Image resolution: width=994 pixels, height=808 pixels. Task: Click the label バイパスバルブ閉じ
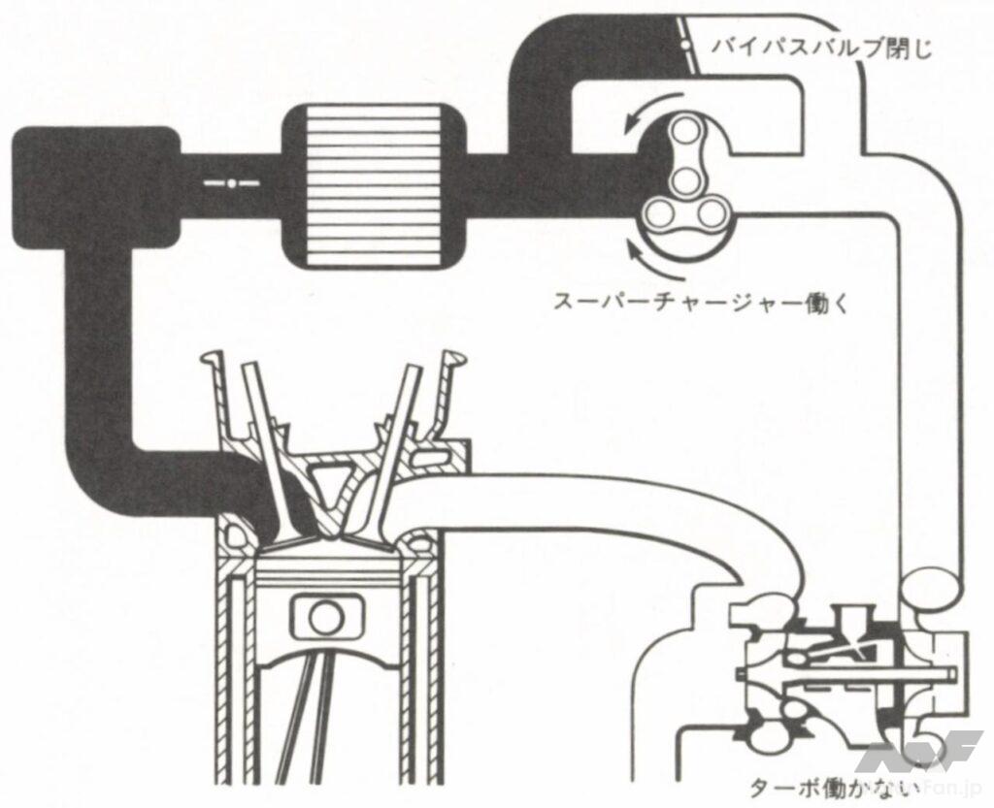[821, 46]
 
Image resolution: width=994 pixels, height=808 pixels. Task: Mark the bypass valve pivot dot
[685, 46]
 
